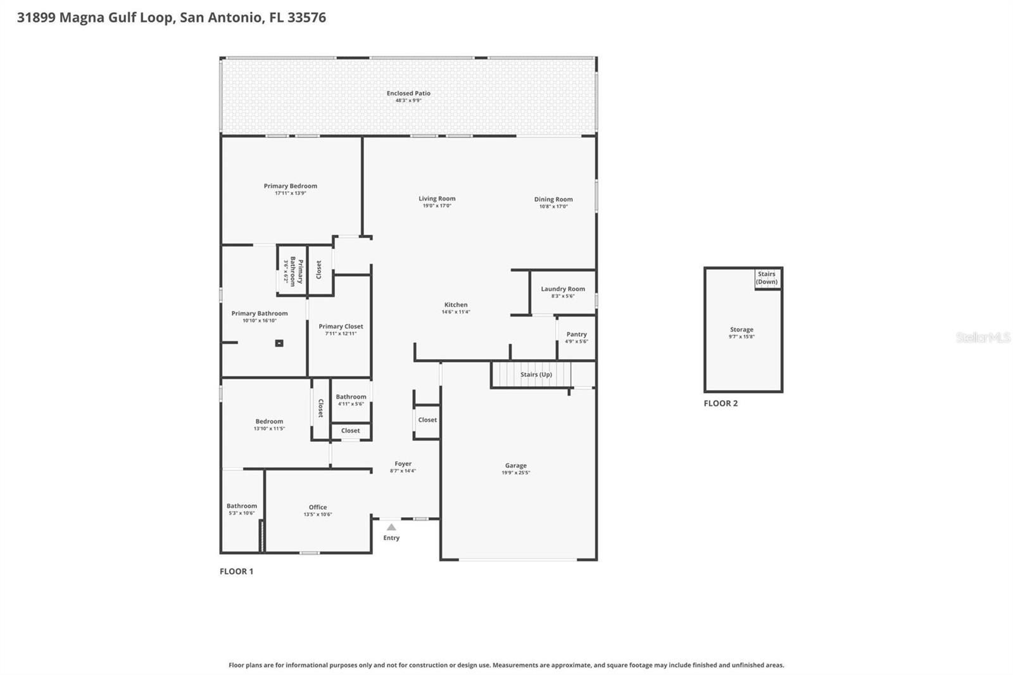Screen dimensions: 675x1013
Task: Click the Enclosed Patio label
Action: point(408,93)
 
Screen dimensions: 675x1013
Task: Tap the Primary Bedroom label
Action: point(290,186)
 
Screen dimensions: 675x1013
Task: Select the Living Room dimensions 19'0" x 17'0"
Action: point(437,206)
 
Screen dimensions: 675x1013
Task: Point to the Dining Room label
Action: point(553,199)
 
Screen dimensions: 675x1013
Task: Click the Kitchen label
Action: point(455,305)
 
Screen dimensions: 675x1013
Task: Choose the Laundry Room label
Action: point(562,289)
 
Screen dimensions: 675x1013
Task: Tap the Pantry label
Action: point(576,334)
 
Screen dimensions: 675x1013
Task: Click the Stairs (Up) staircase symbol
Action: point(531,374)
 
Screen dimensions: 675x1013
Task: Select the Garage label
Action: point(515,465)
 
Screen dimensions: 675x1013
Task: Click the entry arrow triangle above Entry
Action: point(391,527)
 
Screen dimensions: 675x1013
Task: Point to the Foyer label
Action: point(403,464)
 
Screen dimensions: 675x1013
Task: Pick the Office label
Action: point(317,507)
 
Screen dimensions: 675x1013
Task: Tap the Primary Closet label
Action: point(341,326)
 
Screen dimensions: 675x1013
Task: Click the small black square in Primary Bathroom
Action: point(279,343)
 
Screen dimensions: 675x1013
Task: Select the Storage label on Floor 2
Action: point(741,329)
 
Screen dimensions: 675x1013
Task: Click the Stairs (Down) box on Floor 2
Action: point(767,278)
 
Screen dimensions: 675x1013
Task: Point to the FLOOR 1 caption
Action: point(236,571)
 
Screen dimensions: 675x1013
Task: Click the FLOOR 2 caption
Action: point(720,403)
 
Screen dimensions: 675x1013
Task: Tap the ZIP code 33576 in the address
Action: point(306,17)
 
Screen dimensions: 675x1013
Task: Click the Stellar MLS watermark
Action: point(983,337)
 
